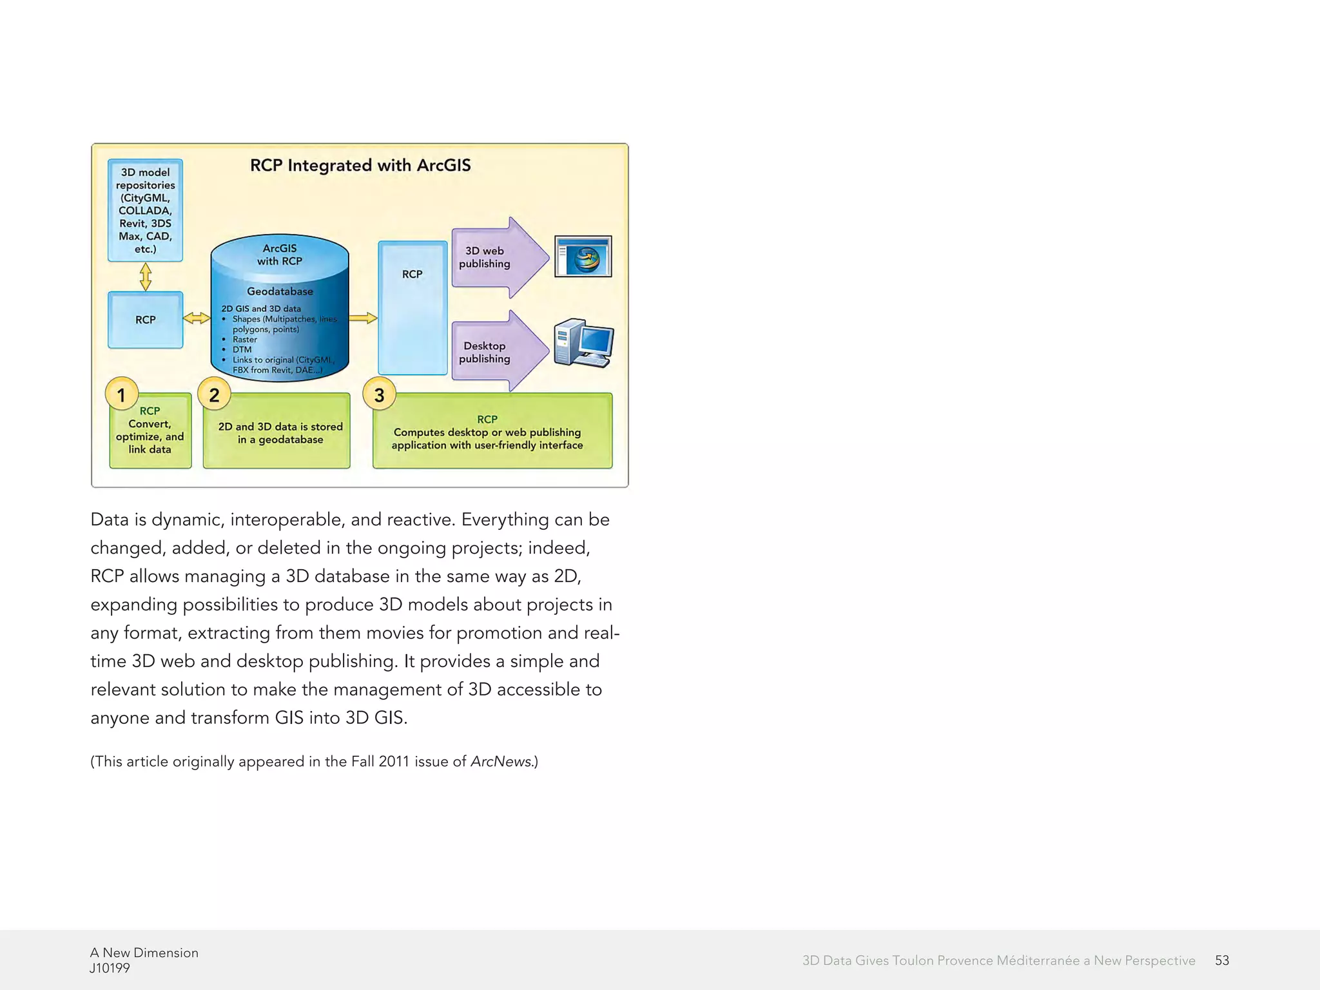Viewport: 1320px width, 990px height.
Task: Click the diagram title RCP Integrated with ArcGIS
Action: [x=360, y=166]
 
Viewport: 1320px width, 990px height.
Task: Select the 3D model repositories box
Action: [x=145, y=210]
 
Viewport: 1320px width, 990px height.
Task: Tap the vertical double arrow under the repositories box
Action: [x=146, y=277]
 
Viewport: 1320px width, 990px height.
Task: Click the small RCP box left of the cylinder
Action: [x=145, y=320]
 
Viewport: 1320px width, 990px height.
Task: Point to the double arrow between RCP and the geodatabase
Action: [x=197, y=318]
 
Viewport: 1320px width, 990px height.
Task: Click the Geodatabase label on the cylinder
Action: [x=280, y=291]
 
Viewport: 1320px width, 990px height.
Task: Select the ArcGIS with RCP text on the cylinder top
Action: [x=280, y=255]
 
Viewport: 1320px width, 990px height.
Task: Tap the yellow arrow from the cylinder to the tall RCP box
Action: [x=363, y=318]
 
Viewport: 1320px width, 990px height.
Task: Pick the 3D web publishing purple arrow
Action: [x=496, y=258]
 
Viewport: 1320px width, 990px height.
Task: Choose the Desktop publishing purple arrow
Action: [x=496, y=352]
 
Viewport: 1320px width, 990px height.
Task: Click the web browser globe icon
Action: [x=583, y=257]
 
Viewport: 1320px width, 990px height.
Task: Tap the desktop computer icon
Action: [x=584, y=343]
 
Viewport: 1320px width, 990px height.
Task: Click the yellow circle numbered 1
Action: [x=121, y=394]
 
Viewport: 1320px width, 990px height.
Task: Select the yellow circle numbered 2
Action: [x=214, y=394]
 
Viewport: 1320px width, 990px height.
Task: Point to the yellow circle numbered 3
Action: [x=379, y=394]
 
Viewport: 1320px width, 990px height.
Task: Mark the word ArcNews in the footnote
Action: [x=501, y=761]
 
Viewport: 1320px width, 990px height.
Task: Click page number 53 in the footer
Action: [x=1221, y=960]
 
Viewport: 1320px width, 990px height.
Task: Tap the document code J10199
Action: [x=110, y=968]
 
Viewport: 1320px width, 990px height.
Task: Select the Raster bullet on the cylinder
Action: [x=244, y=340]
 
